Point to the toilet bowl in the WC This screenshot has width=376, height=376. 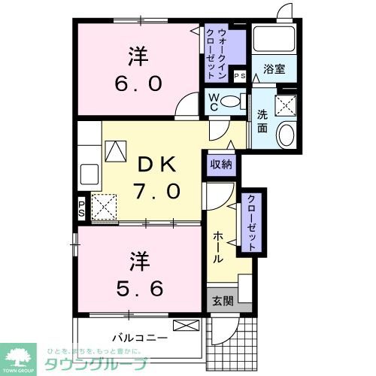(x=234, y=102)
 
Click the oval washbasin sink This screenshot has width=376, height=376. (x=286, y=135)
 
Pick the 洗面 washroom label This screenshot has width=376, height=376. (x=262, y=122)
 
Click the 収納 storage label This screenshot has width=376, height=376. (x=221, y=164)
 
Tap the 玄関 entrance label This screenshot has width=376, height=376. (x=223, y=302)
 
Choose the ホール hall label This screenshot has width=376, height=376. (x=217, y=246)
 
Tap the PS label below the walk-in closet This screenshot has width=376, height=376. (x=241, y=76)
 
